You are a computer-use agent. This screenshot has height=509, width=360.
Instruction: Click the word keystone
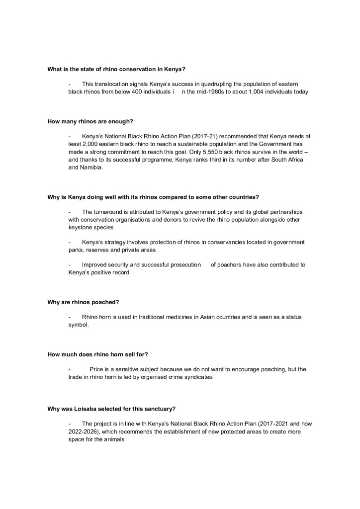[80, 227]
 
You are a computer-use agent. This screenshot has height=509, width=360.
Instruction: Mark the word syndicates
[197, 377]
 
